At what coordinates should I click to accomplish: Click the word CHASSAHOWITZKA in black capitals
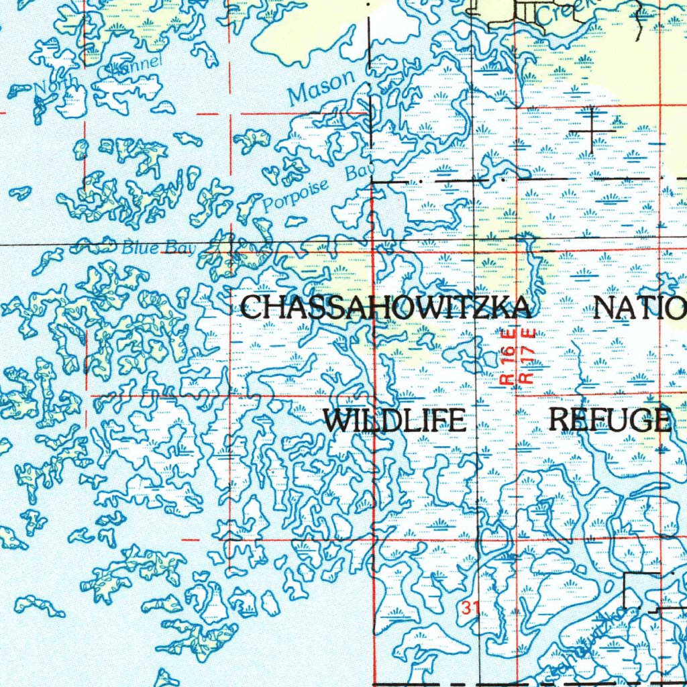[387, 308]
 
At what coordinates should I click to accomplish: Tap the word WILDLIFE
[394, 421]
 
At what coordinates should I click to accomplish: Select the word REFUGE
[610, 420]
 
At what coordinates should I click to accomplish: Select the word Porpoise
[296, 196]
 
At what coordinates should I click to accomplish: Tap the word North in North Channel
[56, 85]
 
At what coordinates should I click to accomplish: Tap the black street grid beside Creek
[517, 12]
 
